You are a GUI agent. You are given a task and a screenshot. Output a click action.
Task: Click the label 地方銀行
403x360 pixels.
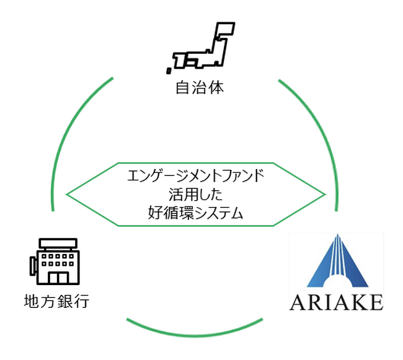56,302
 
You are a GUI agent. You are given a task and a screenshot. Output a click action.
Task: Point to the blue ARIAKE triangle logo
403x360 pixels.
337,263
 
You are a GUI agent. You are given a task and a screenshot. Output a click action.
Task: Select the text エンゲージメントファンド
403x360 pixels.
195,176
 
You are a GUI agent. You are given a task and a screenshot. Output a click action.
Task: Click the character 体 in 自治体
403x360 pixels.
215,89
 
